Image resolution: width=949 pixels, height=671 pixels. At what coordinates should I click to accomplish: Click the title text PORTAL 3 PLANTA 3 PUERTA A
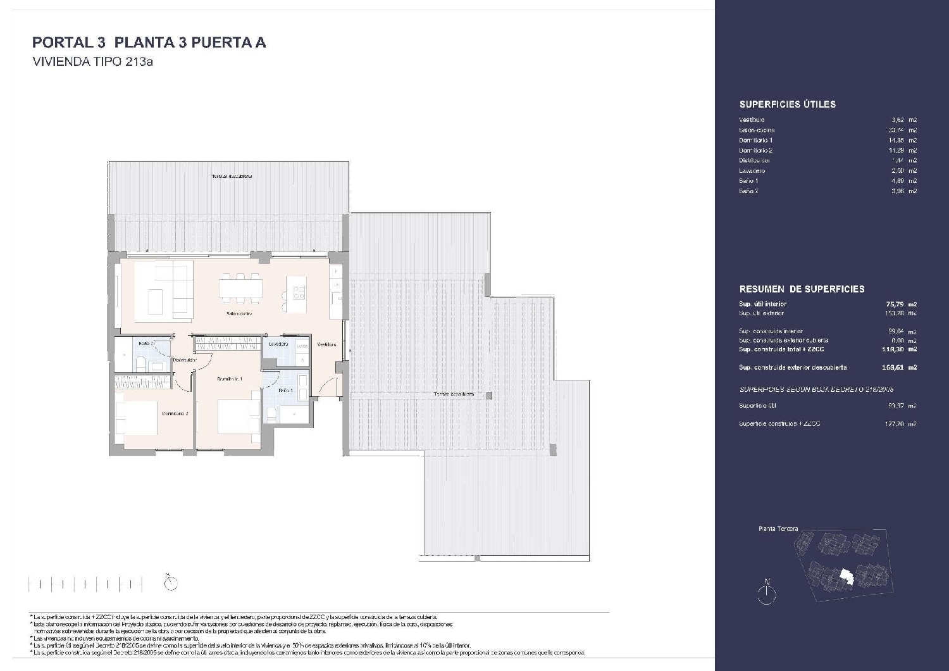pyautogui.click(x=149, y=42)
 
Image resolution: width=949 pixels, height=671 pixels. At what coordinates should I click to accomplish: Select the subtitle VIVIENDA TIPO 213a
pyautogui.click(x=93, y=62)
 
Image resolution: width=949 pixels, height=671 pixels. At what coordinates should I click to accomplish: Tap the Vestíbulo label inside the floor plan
pyautogui.click(x=326, y=344)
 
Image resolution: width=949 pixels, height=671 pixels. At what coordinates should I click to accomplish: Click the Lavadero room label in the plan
pyautogui.click(x=278, y=344)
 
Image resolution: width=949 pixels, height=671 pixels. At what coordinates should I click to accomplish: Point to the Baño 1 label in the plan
pyautogui.click(x=286, y=391)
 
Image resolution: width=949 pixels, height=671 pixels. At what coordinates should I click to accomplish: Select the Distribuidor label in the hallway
pyautogui.click(x=185, y=360)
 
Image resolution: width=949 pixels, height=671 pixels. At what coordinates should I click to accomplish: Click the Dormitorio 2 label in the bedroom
pyautogui.click(x=175, y=413)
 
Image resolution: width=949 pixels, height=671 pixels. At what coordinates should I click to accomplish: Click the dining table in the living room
pyautogui.click(x=240, y=288)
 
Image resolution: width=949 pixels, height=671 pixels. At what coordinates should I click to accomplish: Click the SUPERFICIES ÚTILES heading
pyautogui.click(x=787, y=104)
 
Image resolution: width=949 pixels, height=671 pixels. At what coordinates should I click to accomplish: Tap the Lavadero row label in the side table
pyautogui.click(x=752, y=171)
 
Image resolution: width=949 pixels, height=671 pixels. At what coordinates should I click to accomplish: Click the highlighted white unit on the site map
pyautogui.click(x=846, y=576)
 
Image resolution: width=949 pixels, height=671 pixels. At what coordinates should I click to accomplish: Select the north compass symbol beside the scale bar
pyautogui.click(x=170, y=582)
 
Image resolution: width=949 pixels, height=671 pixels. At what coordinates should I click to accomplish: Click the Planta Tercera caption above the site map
pyautogui.click(x=778, y=529)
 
